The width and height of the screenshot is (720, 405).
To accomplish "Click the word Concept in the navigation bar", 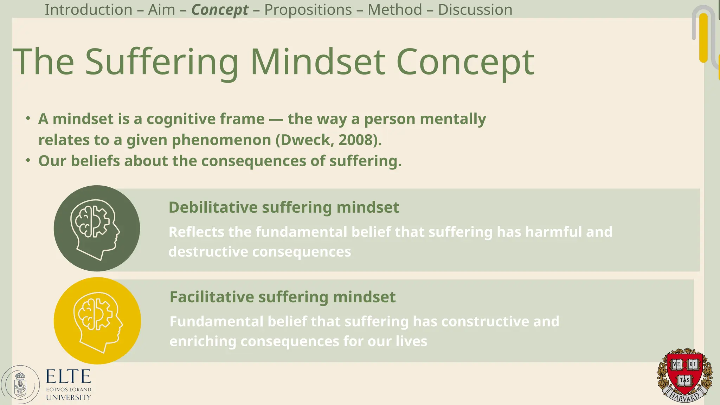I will pyautogui.click(x=220, y=10).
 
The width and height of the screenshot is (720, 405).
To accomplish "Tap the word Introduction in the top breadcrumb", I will pyautogui.click(x=88, y=9).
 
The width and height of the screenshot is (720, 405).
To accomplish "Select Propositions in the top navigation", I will pyautogui.click(x=308, y=9).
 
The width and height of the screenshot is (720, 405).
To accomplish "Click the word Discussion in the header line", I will pyautogui.click(x=475, y=9).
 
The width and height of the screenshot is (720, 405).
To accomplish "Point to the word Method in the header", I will pyautogui.click(x=395, y=9).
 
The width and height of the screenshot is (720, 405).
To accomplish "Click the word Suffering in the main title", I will pyautogui.click(x=162, y=62).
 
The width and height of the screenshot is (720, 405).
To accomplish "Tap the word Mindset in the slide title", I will pyautogui.click(x=318, y=62).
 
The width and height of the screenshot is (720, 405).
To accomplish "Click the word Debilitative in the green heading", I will pyautogui.click(x=213, y=207).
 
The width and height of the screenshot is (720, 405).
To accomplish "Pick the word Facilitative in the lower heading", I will pyautogui.click(x=212, y=297).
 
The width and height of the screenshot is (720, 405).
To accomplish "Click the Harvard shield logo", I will pyautogui.click(x=684, y=374).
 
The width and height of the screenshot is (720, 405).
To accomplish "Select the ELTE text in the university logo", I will pyautogui.click(x=69, y=377).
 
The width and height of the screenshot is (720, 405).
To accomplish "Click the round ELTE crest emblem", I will pyautogui.click(x=20, y=385).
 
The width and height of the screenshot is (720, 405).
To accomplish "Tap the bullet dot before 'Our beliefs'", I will pyautogui.click(x=28, y=161).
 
